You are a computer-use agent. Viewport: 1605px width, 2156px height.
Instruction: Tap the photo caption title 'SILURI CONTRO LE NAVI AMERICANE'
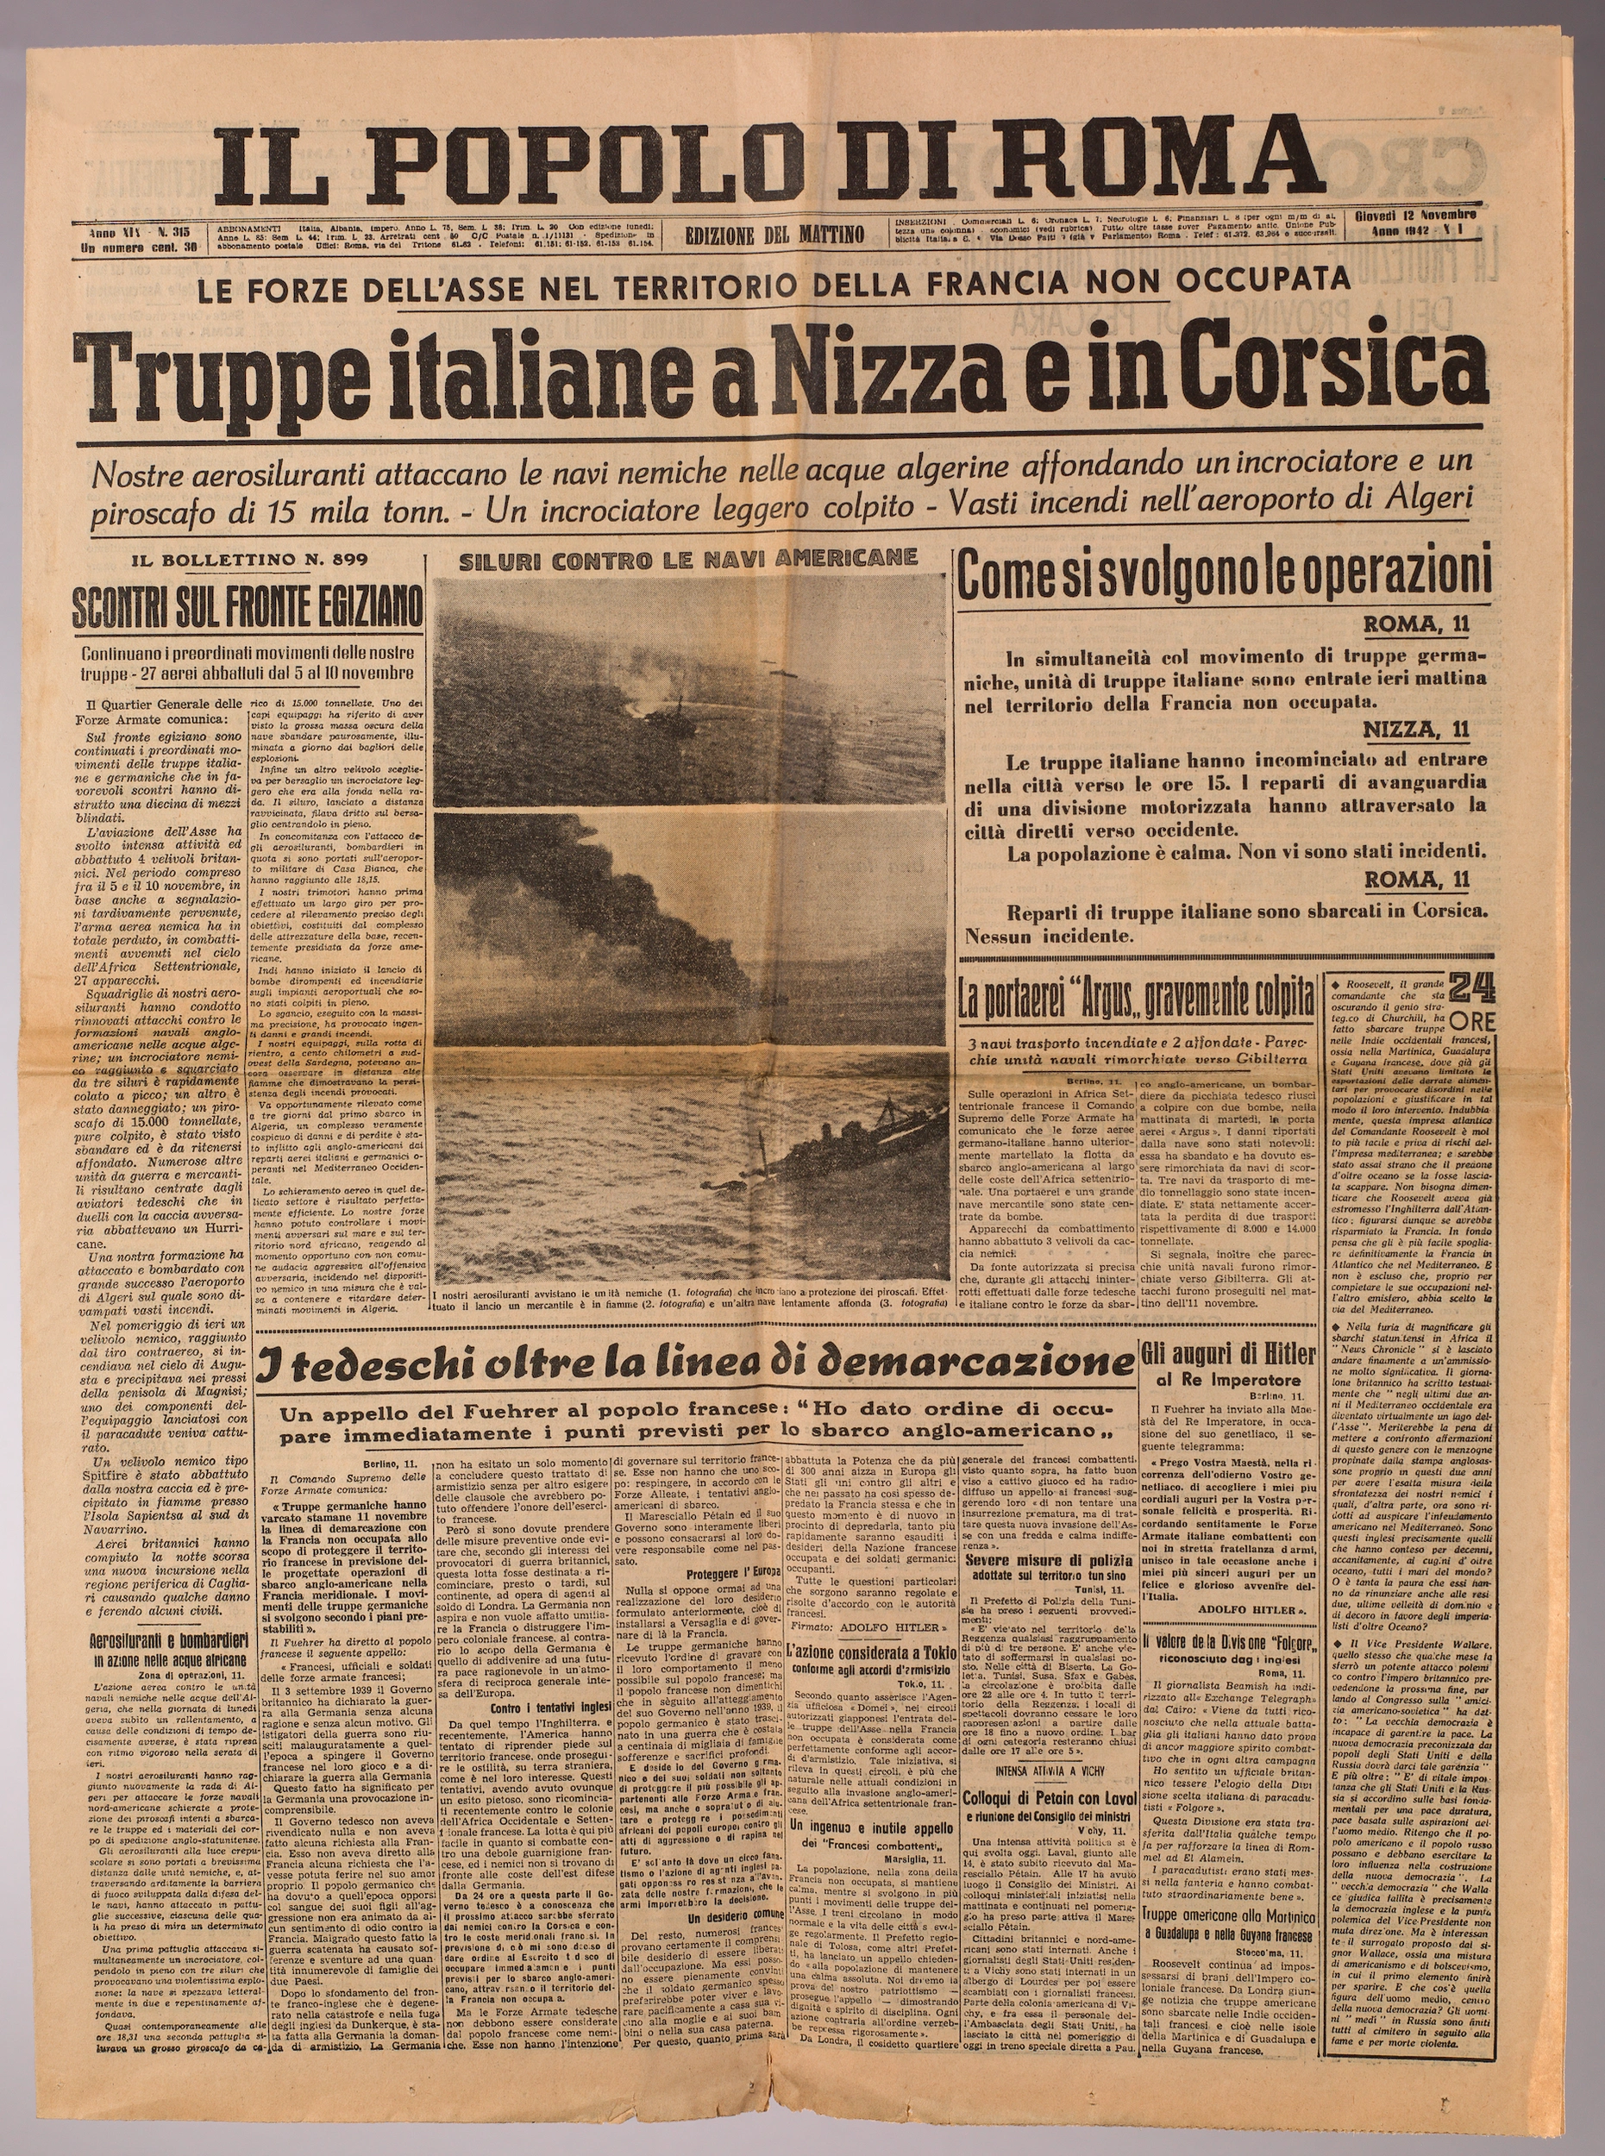point(689,559)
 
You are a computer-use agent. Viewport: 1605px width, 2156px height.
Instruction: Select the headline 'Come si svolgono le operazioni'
point(1224,576)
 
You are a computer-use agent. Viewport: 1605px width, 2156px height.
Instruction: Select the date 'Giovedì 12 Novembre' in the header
point(1415,215)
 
